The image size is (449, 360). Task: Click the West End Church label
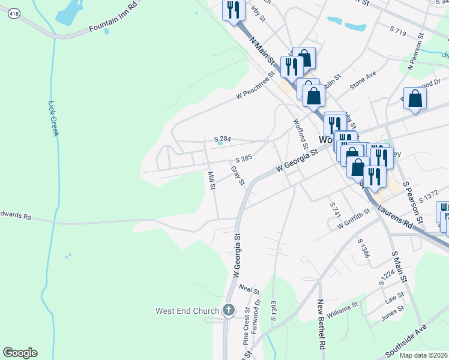pos(187,311)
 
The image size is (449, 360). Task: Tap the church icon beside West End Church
pos(228,310)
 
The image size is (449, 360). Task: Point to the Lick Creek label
pos(53,118)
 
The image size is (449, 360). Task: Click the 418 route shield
pos(13,14)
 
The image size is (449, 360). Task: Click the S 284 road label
pos(223,139)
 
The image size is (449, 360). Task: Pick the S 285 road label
pos(244,159)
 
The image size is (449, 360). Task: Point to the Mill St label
pos(211,181)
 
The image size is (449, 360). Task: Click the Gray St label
pos(238,176)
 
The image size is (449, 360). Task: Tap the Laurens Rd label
pos(397,217)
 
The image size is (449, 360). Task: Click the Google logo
pos(20,353)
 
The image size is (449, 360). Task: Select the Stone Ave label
pos(363,80)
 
